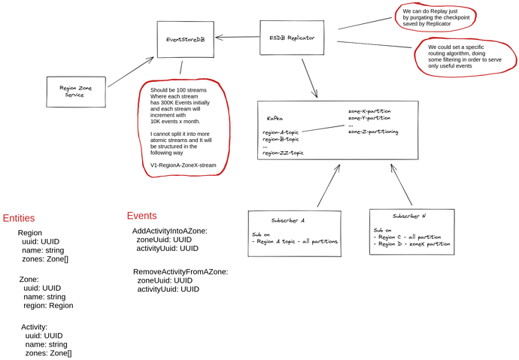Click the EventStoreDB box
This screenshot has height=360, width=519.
[x=185, y=39]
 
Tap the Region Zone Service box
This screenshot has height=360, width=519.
[x=76, y=92]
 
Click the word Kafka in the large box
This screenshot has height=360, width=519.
[x=275, y=119]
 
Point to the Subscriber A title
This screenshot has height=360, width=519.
[x=288, y=220]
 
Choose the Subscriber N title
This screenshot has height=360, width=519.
[x=409, y=216]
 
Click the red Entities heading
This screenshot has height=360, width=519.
[x=19, y=219]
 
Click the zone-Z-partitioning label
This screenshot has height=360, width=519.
[x=373, y=132]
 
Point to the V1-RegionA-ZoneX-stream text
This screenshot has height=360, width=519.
[x=184, y=165]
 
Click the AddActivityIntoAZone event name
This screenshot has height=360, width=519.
[x=169, y=231]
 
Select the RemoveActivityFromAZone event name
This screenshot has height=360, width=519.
[x=181, y=271]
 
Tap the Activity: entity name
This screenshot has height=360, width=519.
[x=35, y=327]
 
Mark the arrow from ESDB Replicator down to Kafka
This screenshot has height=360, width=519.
[x=308, y=77]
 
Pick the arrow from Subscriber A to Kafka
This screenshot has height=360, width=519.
[x=329, y=186]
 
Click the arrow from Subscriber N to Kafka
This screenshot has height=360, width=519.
[x=401, y=184]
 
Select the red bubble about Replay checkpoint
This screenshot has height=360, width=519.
[x=436, y=17]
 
